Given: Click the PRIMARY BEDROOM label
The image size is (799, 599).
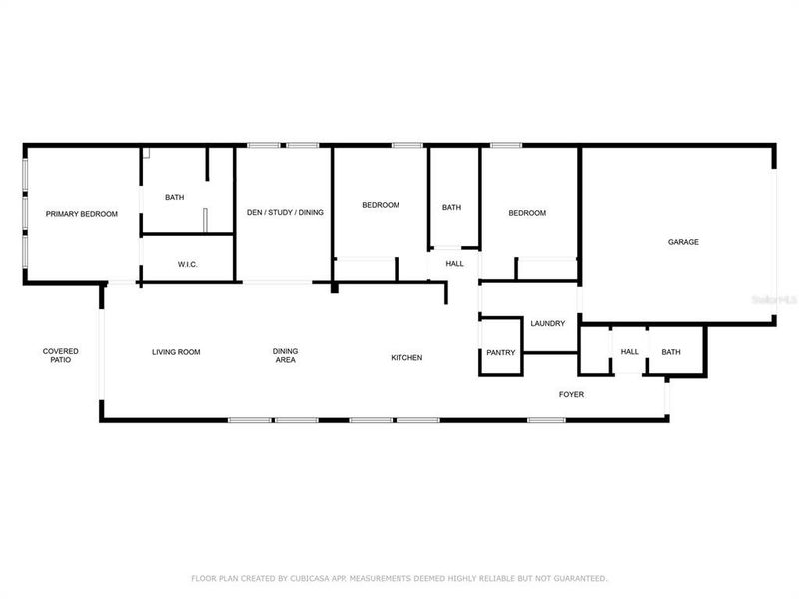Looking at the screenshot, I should pos(82,214).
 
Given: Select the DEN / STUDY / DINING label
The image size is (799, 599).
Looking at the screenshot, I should pos(285,212).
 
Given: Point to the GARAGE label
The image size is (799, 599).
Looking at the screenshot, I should pos(683,242).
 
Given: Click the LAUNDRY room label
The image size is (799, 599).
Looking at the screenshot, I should pos(548,323).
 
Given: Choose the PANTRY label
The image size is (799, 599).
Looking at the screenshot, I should pos(500,353).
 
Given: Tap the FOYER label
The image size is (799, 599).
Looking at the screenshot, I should pos(571,395).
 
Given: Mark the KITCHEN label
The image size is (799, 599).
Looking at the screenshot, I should pos(406,357).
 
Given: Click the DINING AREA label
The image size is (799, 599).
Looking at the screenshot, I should pos(285,355).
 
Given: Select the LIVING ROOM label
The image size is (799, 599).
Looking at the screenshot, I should pos(176,352).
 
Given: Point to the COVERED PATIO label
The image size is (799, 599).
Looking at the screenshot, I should pos(60,355).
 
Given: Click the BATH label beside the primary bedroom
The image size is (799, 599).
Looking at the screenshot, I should pos(175,197).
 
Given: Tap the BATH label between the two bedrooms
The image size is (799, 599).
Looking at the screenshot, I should pos(452,208).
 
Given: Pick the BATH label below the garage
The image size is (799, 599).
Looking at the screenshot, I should pos(670,352).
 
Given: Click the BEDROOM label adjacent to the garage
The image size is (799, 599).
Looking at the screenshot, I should pos(527,213).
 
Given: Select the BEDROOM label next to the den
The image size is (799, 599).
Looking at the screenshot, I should pos(380,205).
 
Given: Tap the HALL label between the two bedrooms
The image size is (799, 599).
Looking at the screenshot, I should pos(455,264).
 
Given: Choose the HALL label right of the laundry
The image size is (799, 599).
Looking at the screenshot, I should pos(629,352).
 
